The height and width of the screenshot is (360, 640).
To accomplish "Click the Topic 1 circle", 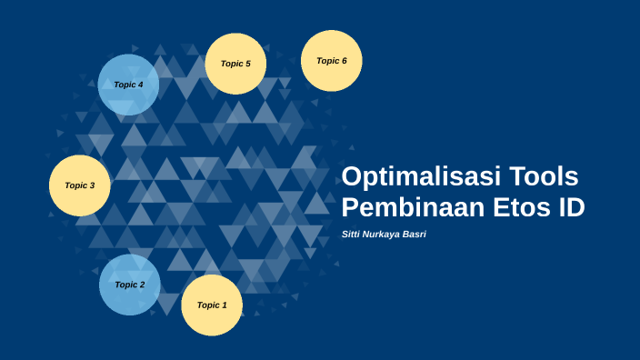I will click(212, 305).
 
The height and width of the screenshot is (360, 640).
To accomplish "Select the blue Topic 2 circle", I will click(129, 285).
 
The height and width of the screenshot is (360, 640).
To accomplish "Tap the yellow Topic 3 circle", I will click(79, 185).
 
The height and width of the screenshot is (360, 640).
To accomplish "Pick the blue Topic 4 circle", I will click(128, 85).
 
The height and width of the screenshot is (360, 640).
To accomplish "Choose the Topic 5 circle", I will click(236, 64).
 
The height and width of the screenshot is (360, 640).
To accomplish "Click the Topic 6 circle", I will click(331, 61).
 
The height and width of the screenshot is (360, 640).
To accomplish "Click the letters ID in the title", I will click(570, 207).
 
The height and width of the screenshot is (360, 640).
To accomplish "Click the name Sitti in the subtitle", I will click(352, 235).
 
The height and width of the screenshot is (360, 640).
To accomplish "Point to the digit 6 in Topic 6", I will click(344, 61).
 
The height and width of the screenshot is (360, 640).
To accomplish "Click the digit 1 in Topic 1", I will click(225, 305).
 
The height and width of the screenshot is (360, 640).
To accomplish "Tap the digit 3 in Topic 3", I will click(92, 185).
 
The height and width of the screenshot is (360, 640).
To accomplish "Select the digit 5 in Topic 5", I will click(249, 64).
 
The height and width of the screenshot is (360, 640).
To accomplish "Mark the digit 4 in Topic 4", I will click(141, 85).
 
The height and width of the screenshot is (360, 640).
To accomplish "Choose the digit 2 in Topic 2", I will click(142, 285).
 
